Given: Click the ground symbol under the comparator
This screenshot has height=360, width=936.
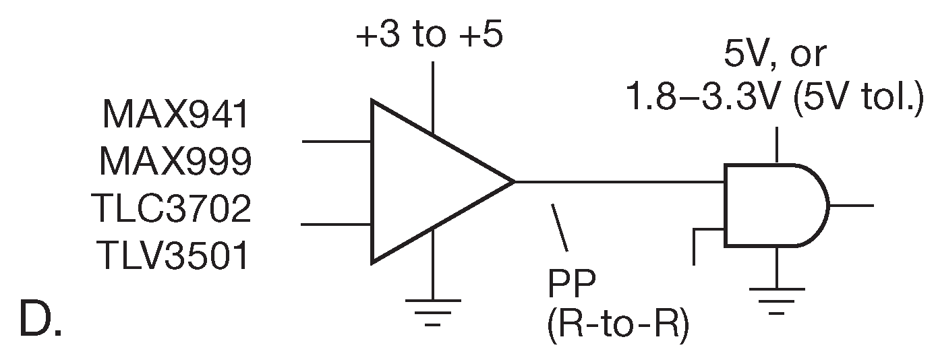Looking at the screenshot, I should coord(432,307).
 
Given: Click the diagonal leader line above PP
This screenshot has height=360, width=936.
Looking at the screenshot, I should coord(560,228).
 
